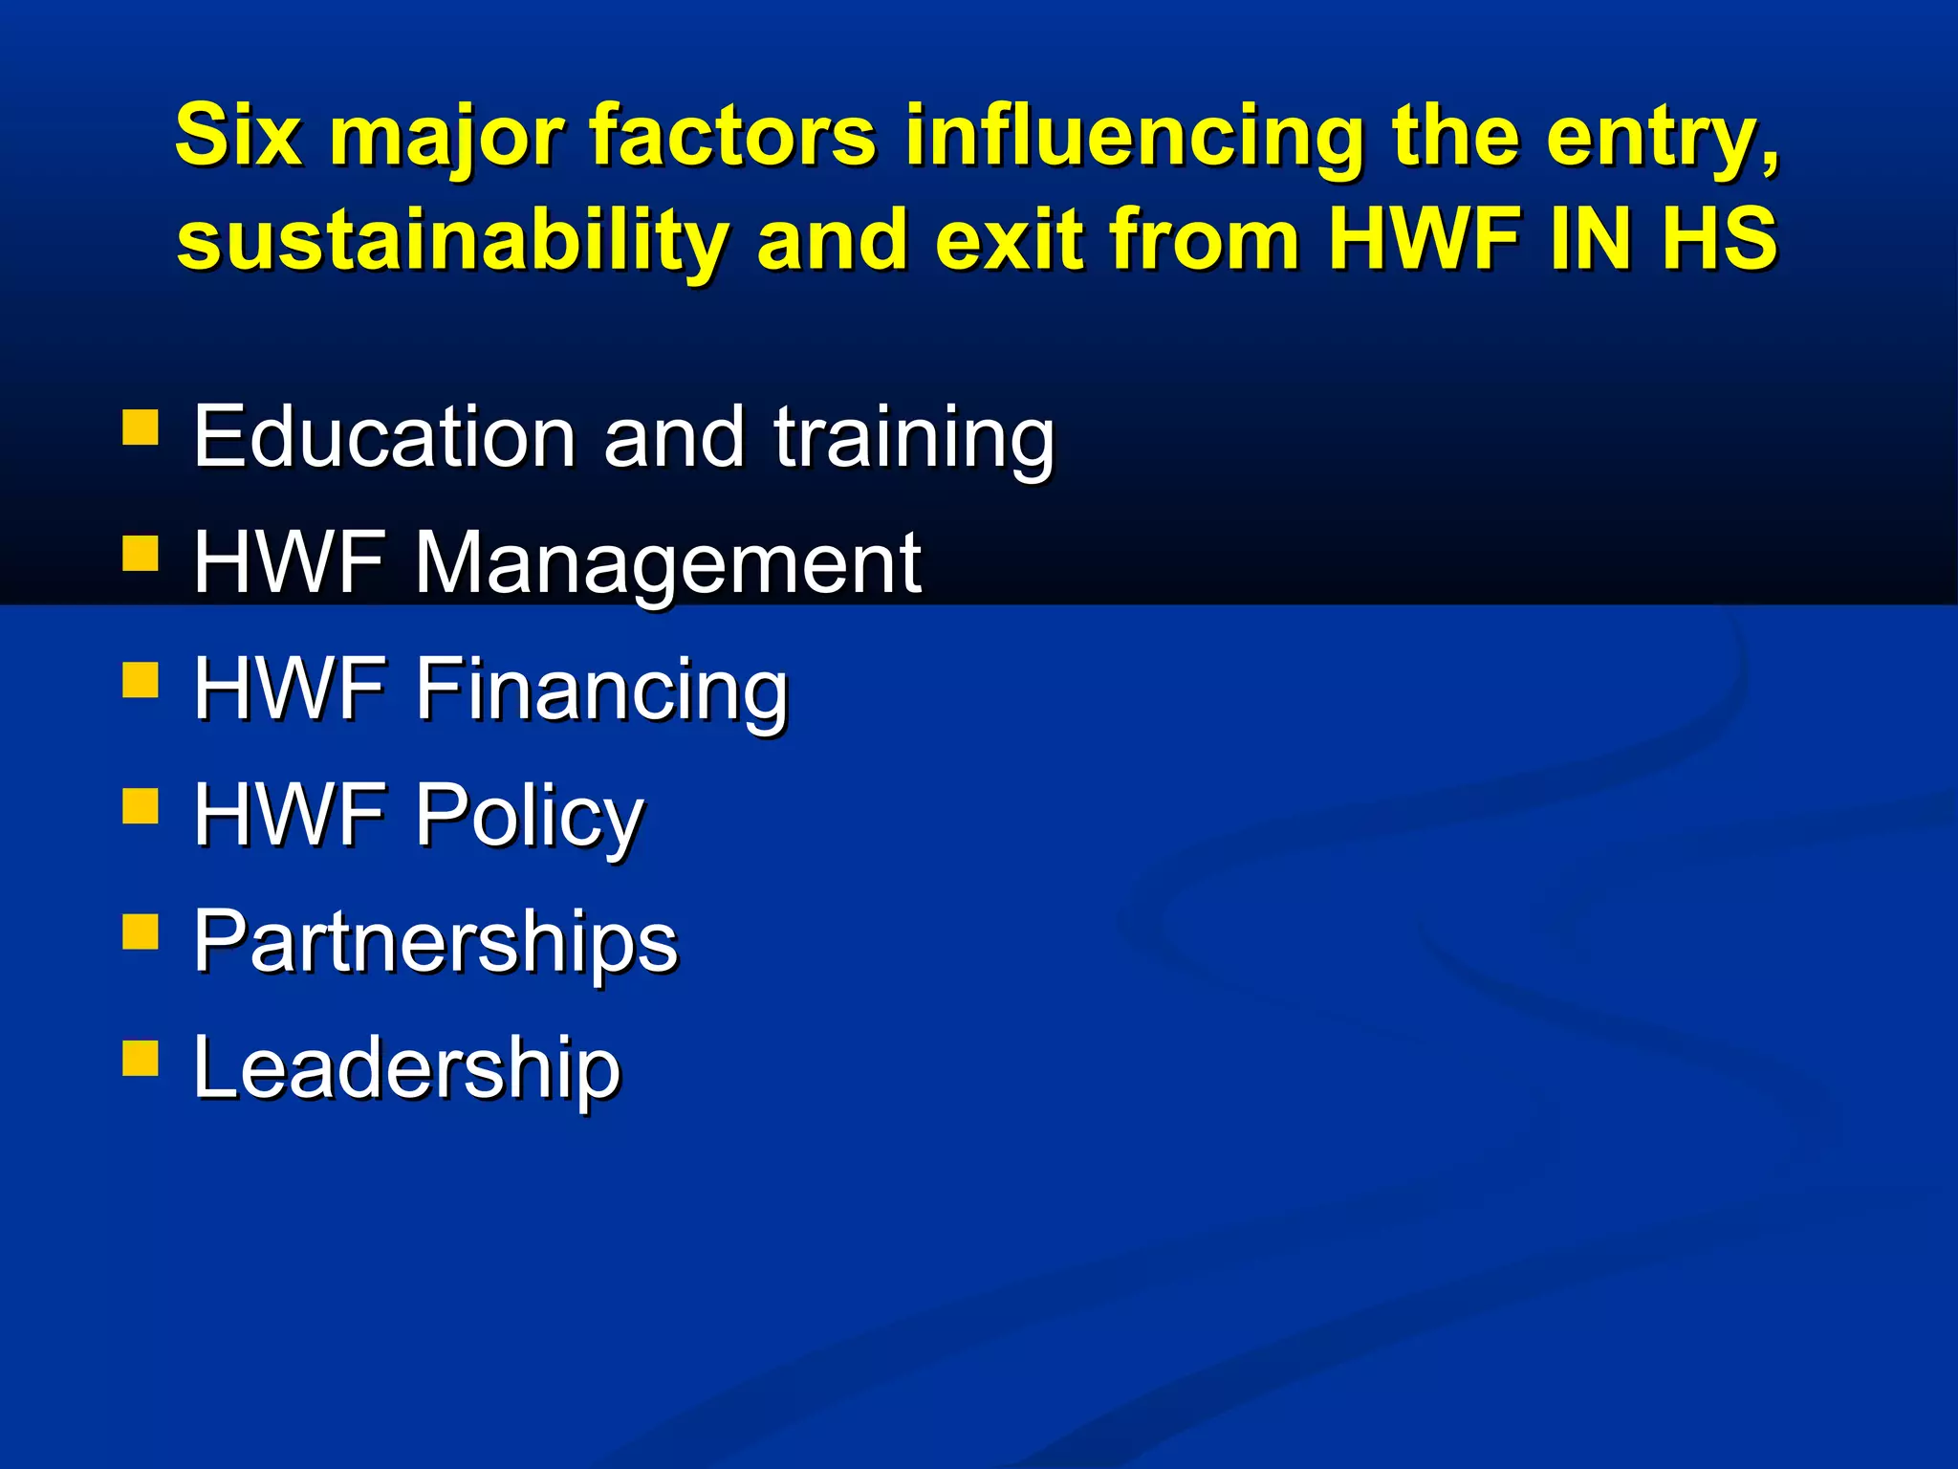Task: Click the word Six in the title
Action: (238, 135)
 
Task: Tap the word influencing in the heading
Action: (1133, 135)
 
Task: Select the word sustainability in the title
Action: (451, 239)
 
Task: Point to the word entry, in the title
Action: (1664, 135)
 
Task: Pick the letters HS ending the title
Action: (1719, 239)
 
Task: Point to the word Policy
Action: (529, 815)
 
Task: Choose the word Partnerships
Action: (435, 941)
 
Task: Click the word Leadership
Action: (406, 1067)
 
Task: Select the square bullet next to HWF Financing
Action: (141, 680)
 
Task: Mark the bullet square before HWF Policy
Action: (141, 806)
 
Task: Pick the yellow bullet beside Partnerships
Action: (141, 932)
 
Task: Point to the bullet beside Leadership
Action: (141, 1059)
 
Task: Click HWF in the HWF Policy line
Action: (290, 815)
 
